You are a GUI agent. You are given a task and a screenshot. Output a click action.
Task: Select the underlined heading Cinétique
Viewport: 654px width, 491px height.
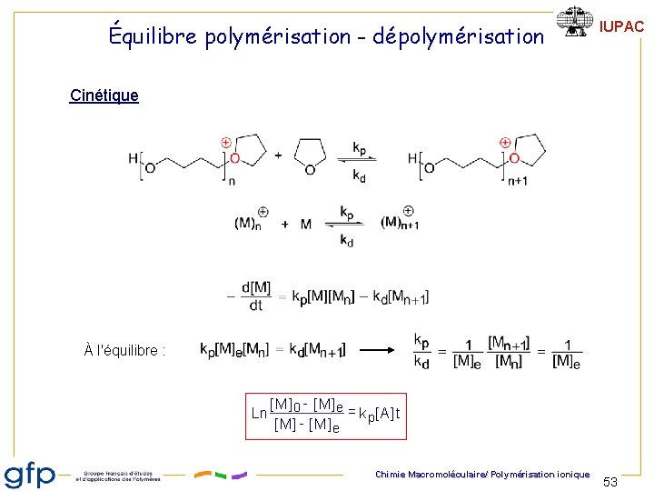(104, 95)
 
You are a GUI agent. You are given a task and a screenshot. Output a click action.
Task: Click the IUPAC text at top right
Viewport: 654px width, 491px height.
(622, 27)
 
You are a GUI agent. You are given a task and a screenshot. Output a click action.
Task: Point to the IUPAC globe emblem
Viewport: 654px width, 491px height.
(575, 23)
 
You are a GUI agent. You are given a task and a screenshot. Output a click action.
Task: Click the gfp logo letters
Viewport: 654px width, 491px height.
(31, 474)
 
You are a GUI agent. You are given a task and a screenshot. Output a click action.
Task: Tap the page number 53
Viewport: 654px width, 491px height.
(610, 481)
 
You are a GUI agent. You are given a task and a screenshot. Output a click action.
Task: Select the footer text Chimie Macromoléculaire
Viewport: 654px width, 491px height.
(428, 474)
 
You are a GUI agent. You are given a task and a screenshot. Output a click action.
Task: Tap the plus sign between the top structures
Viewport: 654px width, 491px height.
(278, 155)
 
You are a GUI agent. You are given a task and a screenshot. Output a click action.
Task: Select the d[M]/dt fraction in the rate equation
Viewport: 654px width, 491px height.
(254, 296)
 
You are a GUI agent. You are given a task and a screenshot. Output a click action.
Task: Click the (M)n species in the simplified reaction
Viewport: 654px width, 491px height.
(246, 222)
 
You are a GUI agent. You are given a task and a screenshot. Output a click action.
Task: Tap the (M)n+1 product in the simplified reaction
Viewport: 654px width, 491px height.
(399, 222)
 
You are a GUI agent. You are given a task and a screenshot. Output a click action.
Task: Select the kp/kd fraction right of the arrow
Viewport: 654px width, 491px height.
(421, 351)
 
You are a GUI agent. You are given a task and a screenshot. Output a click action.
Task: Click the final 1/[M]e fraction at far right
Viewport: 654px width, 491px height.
(566, 352)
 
